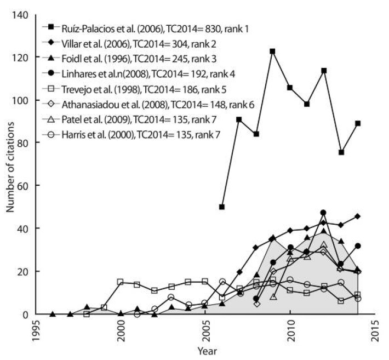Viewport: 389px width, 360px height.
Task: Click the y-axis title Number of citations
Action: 10,165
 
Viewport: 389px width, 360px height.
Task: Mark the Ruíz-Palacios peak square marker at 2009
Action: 272,52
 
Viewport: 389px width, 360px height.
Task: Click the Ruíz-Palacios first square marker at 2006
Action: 222,207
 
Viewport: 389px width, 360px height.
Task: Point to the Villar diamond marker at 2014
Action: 357,216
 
